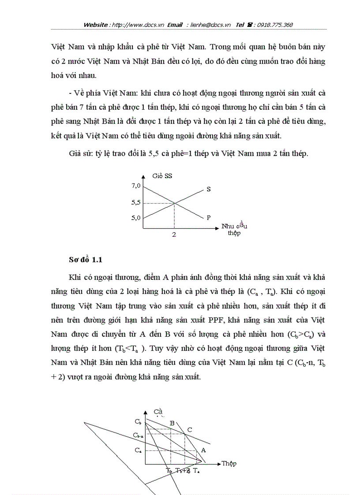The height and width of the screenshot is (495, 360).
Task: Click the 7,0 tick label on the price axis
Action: (x=136, y=186)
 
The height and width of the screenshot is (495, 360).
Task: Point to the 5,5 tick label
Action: (x=136, y=202)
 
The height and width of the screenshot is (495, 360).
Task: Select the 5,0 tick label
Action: (x=136, y=217)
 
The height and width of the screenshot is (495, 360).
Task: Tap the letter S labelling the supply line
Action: (x=208, y=189)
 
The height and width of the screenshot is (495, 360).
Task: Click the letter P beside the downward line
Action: (x=208, y=217)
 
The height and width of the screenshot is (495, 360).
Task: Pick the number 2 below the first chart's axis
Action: (x=174, y=234)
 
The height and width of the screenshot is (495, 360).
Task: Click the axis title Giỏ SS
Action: (x=162, y=176)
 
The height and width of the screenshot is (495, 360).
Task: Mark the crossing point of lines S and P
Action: (x=175, y=203)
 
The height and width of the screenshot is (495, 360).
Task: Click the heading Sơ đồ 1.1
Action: (x=86, y=260)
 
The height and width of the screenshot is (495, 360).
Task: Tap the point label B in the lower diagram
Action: (x=172, y=424)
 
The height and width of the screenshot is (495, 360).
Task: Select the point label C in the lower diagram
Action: (x=190, y=429)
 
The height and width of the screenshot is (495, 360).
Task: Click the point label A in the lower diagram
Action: (x=203, y=450)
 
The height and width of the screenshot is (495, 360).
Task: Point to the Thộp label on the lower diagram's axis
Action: (x=229, y=463)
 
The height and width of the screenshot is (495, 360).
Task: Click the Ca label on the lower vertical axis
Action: (x=138, y=450)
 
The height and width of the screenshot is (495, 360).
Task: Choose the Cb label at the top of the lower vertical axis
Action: (x=138, y=421)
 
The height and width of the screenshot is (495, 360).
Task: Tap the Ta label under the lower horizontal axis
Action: (x=196, y=471)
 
